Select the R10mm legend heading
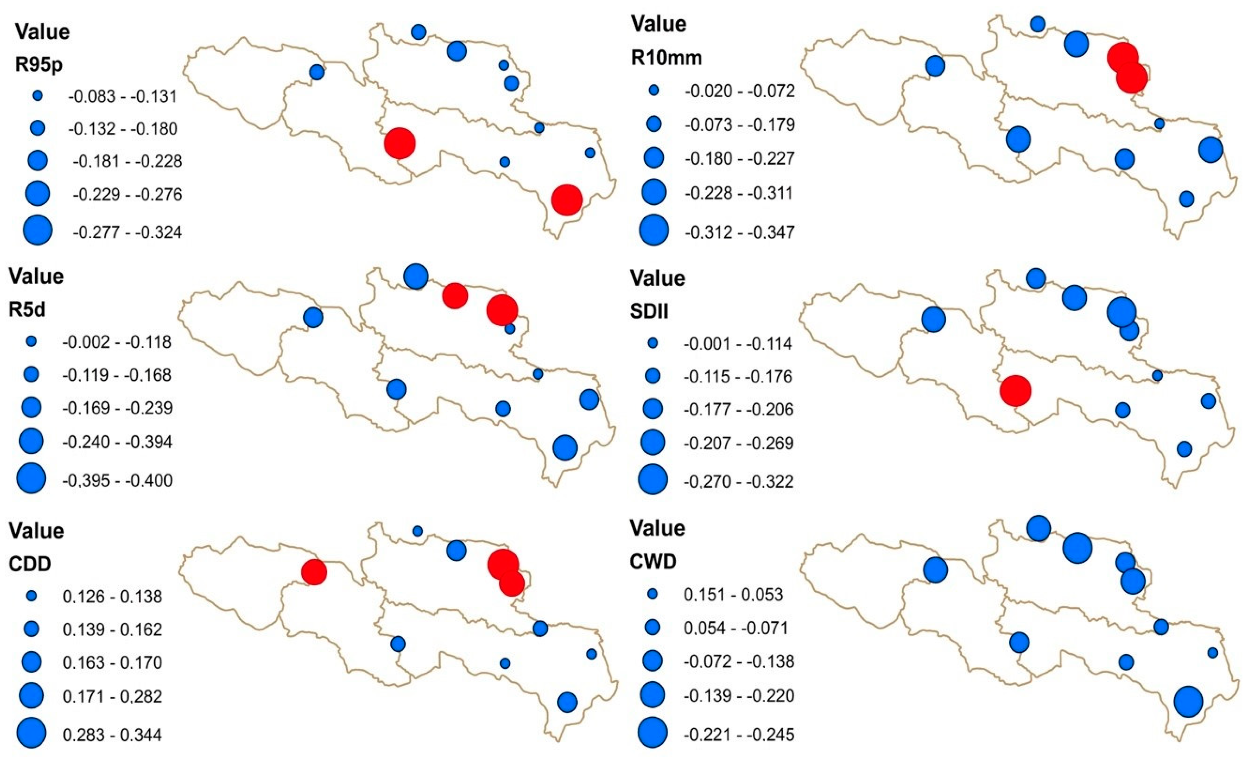666,58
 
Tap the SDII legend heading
648,311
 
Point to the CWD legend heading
653,561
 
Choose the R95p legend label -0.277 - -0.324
127,232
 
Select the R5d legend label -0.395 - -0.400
117,480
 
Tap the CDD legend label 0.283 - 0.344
112,735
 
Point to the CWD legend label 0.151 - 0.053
733,594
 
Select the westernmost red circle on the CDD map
314,572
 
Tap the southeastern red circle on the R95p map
567,199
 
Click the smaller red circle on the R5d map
455,295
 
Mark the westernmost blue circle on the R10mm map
935,66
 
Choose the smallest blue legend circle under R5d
31,341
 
